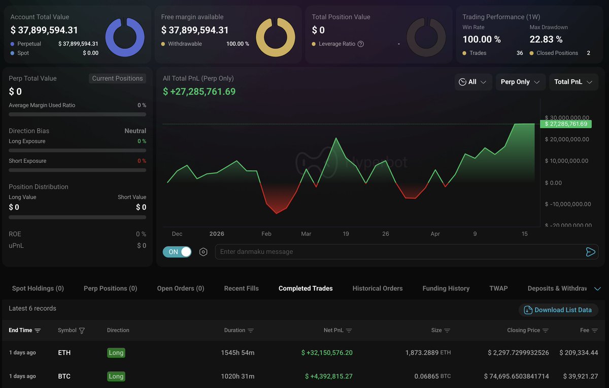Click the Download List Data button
coord(558,310)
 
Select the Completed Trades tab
coord(306,288)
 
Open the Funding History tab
coord(446,288)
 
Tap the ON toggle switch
coord(177,252)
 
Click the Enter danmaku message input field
coord(396,252)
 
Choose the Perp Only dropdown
coord(519,82)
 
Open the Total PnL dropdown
coord(573,82)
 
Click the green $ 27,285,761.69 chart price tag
coord(566,124)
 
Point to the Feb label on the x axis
coord(266,234)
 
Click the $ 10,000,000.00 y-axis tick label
coord(566,161)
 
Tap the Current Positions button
coord(118,78)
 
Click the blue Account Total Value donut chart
coord(125,37)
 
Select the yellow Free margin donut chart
coord(276,37)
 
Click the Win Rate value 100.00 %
coord(482,39)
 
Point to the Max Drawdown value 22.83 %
coord(546,39)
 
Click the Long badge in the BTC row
coord(116,376)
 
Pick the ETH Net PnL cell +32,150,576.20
coord(327,352)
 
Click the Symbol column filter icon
coord(82,331)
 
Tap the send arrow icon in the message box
coord(590,252)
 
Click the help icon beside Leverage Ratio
coord(361,44)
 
